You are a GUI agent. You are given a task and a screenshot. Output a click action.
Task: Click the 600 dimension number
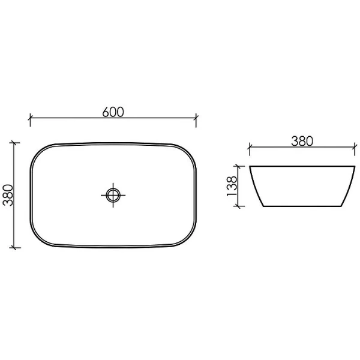click(x=113, y=112)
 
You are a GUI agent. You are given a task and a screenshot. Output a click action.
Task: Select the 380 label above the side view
click(x=302, y=141)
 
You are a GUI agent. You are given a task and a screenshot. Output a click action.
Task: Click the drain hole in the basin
click(x=113, y=194)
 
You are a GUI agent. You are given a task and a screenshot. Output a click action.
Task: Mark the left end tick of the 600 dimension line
click(x=31, y=118)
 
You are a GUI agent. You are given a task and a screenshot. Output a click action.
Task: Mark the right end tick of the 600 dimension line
click(x=196, y=118)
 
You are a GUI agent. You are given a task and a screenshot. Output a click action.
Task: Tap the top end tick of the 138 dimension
click(x=241, y=166)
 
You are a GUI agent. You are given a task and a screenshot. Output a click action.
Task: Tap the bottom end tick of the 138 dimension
click(x=241, y=205)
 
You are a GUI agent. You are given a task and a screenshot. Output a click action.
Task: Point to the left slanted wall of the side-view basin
click(x=256, y=186)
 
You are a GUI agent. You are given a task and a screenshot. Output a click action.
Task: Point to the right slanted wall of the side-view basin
click(x=347, y=186)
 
